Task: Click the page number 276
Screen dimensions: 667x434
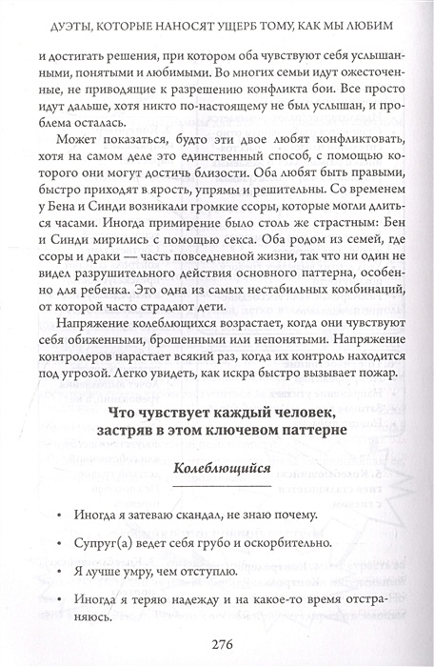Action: point(217,643)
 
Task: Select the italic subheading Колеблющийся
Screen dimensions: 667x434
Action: point(218,467)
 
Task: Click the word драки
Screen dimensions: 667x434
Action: point(103,261)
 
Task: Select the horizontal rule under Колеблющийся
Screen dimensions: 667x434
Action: point(218,483)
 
